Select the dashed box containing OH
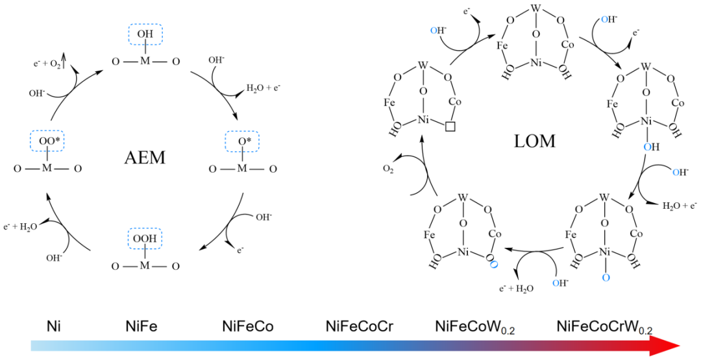point(145,34)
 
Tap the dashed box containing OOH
point(145,239)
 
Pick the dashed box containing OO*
point(46,141)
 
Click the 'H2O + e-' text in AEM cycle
point(262,86)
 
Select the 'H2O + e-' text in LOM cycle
point(680,206)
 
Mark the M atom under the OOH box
point(145,266)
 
